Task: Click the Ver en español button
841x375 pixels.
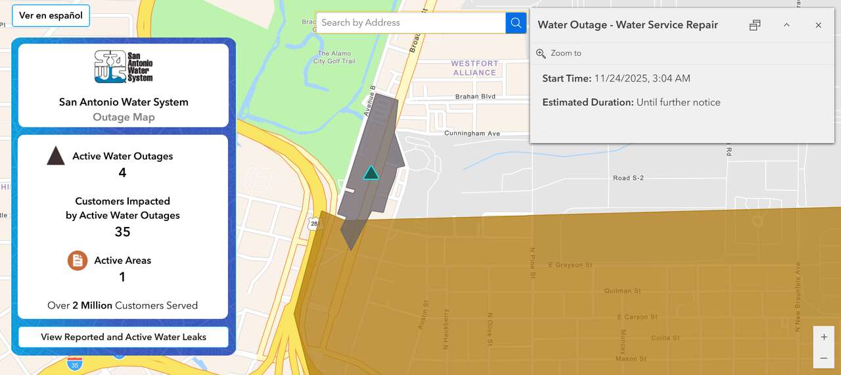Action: [51, 16]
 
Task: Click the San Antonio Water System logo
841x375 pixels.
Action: [123, 66]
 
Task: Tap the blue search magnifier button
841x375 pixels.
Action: [516, 23]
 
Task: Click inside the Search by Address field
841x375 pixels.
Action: [411, 23]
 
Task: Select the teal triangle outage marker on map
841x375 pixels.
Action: [371, 173]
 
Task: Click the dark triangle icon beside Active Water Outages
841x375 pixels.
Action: [56, 156]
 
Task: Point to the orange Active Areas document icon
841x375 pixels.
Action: [78, 261]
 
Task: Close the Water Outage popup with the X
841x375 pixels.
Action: [818, 25]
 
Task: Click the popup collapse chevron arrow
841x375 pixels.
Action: [786, 25]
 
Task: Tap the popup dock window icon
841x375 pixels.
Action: [755, 25]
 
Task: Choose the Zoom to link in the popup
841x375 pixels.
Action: [565, 53]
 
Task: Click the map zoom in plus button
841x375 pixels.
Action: [824, 337]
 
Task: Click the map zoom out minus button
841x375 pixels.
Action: [824, 358]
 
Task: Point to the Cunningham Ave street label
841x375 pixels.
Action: [472, 134]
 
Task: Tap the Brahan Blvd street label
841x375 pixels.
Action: [475, 97]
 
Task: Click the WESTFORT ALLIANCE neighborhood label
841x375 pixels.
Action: [474, 68]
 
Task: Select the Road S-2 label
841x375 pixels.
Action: [628, 178]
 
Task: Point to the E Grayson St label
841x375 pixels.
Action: [570, 265]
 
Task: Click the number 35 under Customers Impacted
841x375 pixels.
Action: [122, 232]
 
